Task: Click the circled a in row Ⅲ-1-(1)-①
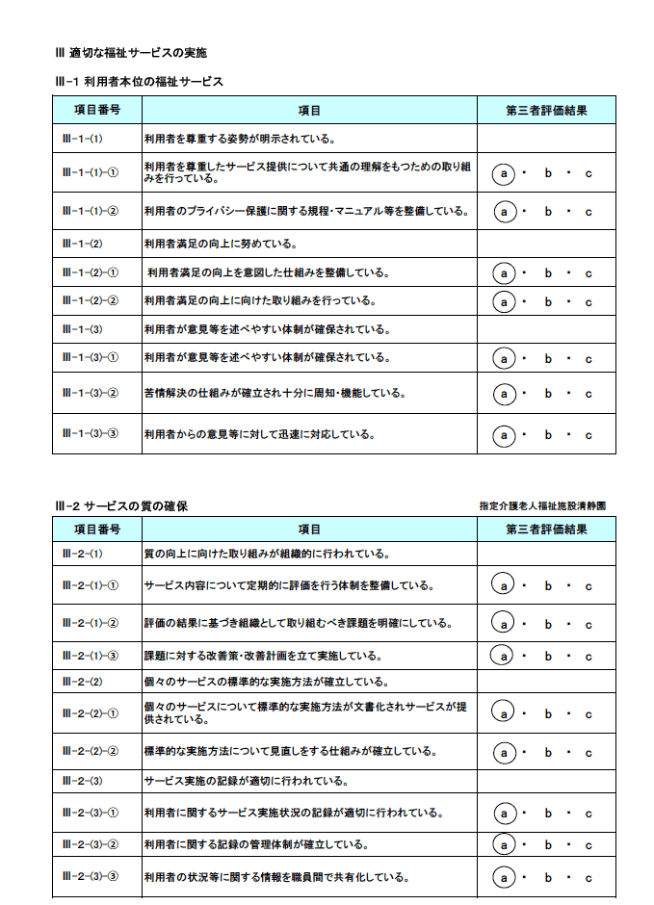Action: pos(504,173)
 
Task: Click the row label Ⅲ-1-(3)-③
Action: pos(90,434)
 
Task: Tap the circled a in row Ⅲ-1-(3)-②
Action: pos(504,393)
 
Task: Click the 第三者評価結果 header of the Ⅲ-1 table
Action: pos(546,111)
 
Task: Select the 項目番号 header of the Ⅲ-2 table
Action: pos(97,530)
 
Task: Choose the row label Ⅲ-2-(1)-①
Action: pos(90,585)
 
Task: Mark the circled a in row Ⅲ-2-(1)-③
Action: pos(504,656)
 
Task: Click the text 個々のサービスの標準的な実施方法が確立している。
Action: pos(266,682)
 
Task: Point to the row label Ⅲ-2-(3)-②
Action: pos(90,845)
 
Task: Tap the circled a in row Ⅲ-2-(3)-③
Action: pos(504,877)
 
